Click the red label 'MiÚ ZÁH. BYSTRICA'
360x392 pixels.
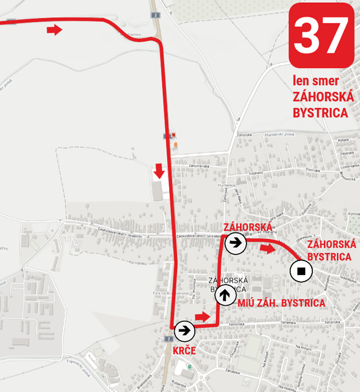(x=282, y=303)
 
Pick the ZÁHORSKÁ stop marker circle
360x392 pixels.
(x=235, y=243)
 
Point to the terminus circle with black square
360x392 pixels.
(x=301, y=272)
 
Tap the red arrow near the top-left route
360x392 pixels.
(x=54, y=30)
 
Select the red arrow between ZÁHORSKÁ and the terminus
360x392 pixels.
(x=268, y=248)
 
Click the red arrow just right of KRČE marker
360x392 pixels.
(x=203, y=318)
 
